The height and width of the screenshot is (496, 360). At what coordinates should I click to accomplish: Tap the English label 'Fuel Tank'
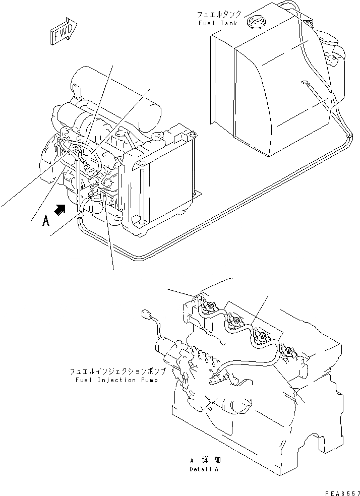click(x=215, y=23)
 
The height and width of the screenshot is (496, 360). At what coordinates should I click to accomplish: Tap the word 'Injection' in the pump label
click(x=109, y=380)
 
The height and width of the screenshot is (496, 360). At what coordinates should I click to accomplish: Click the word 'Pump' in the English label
click(x=148, y=380)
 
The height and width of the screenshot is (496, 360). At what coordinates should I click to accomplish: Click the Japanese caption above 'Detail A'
click(x=205, y=460)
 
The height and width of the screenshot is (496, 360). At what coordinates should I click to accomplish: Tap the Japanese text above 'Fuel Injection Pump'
click(x=114, y=371)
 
